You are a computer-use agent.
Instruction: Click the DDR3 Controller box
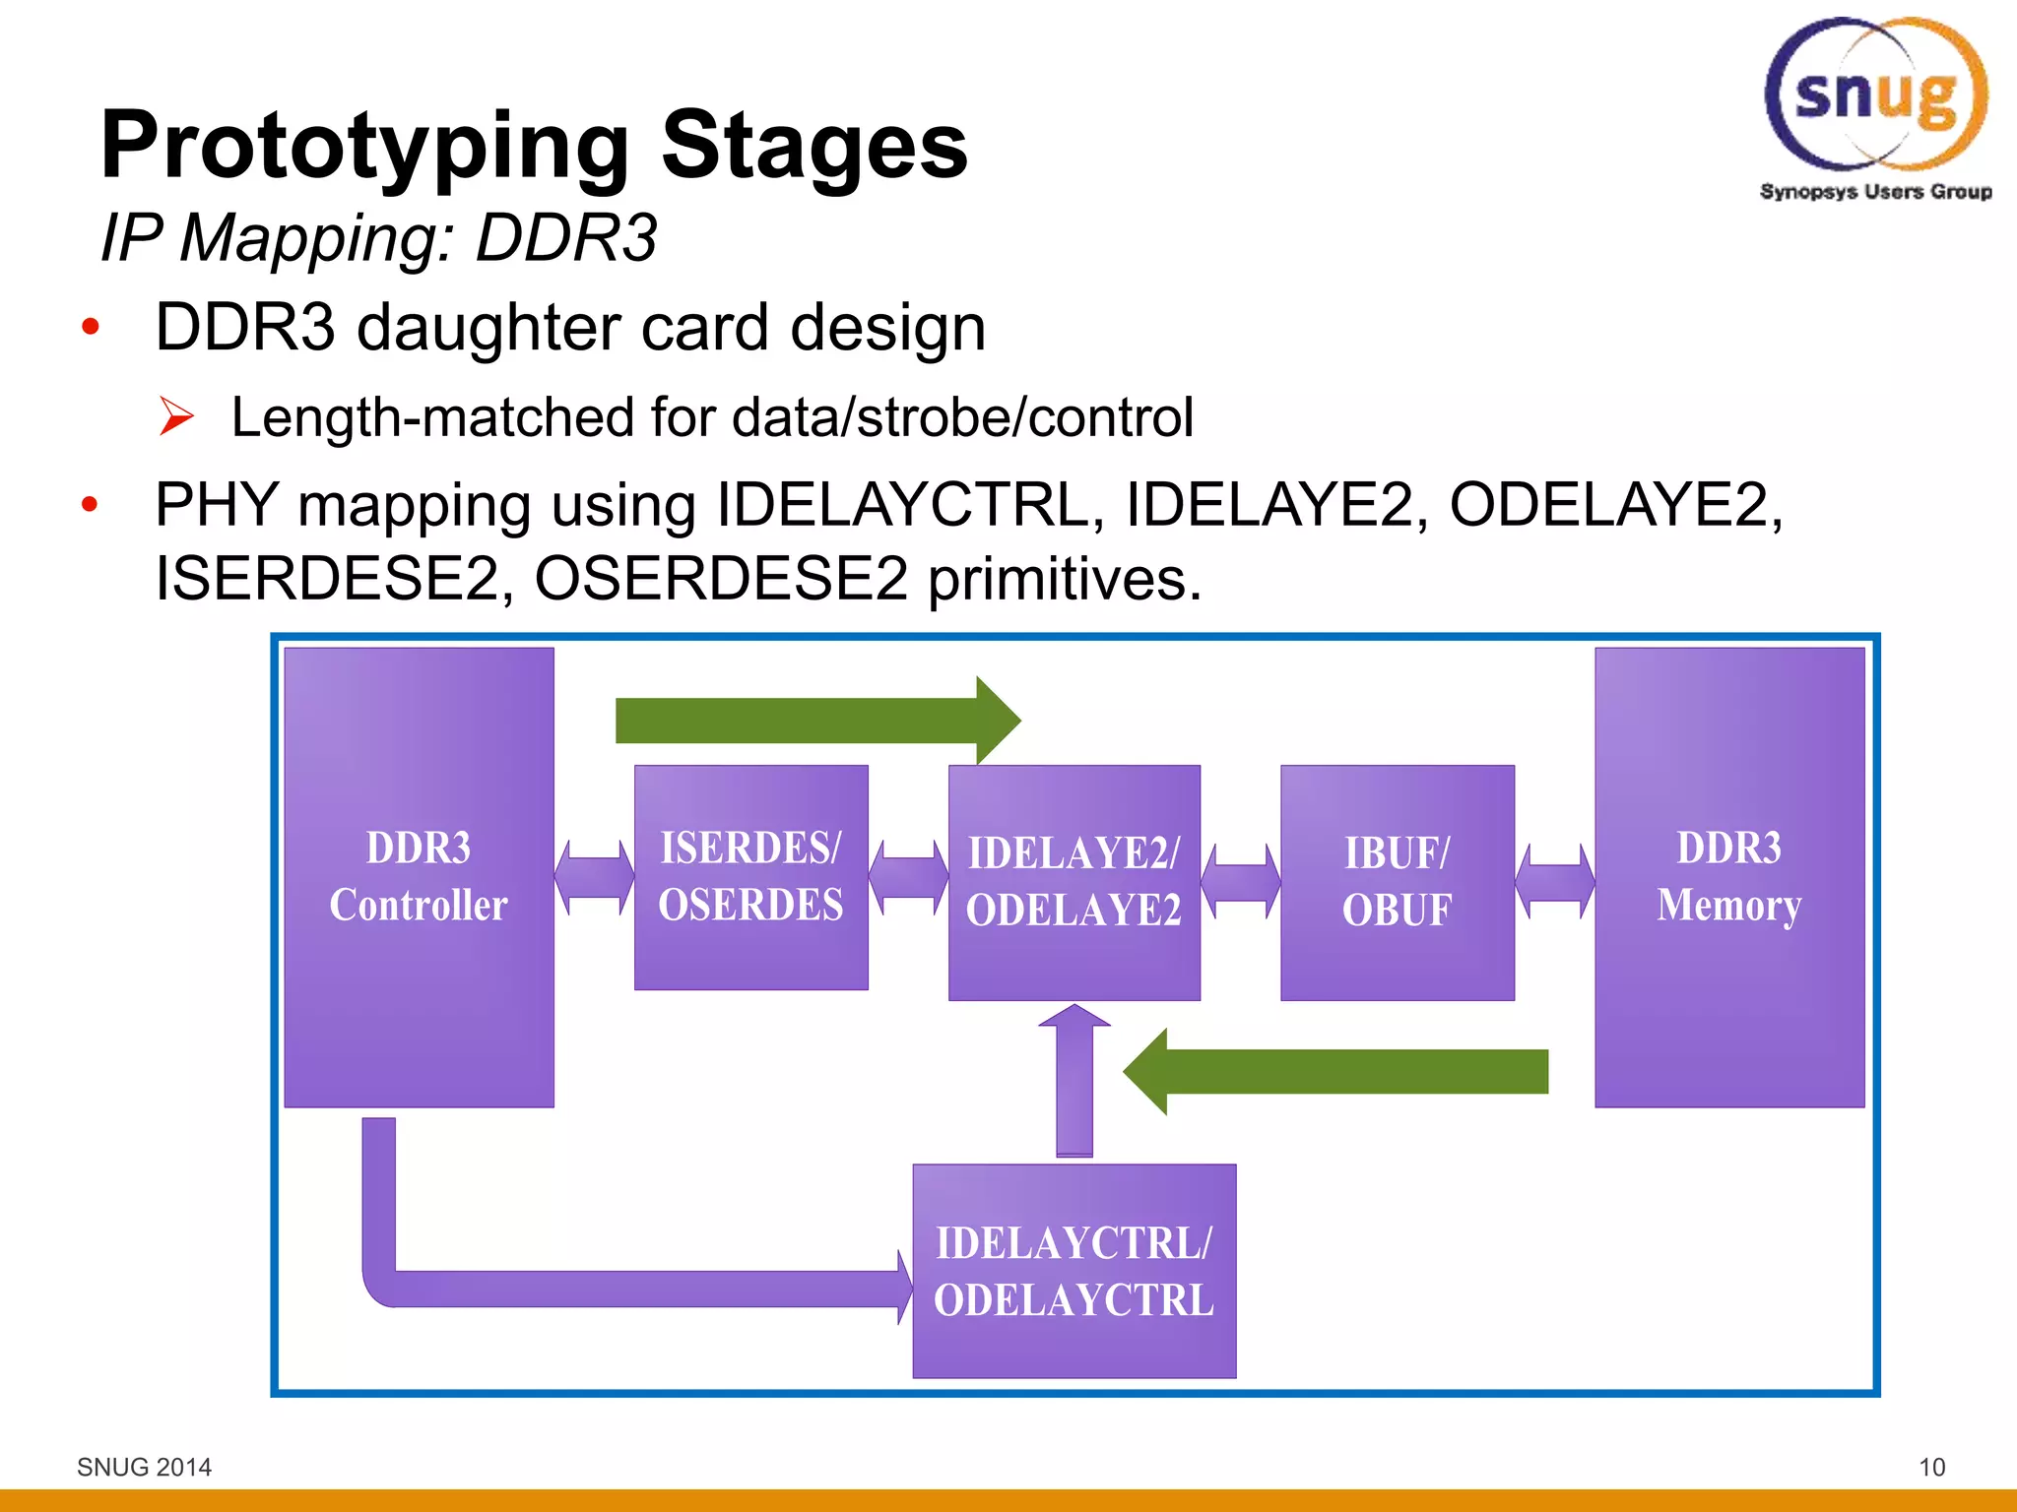click(x=419, y=876)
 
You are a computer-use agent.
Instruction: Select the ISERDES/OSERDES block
click(x=750, y=876)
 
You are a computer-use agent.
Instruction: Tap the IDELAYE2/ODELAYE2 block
click(x=1074, y=881)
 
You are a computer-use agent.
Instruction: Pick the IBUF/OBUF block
click(x=1397, y=881)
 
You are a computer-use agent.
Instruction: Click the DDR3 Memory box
click(x=1728, y=876)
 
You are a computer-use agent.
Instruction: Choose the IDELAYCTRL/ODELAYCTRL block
click(x=1074, y=1270)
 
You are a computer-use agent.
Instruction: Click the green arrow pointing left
click(x=1339, y=1071)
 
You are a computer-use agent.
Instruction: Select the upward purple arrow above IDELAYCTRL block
click(x=1074, y=1083)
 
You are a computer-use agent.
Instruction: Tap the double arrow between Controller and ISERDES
click(x=594, y=876)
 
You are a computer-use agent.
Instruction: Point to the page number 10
click(x=1931, y=1467)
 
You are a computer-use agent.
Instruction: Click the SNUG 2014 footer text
click(x=144, y=1467)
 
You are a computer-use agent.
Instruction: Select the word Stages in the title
click(x=813, y=146)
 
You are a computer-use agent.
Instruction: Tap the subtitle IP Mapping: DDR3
click(x=379, y=237)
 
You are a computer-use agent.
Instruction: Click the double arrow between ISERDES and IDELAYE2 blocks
click(x=908, y=876)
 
